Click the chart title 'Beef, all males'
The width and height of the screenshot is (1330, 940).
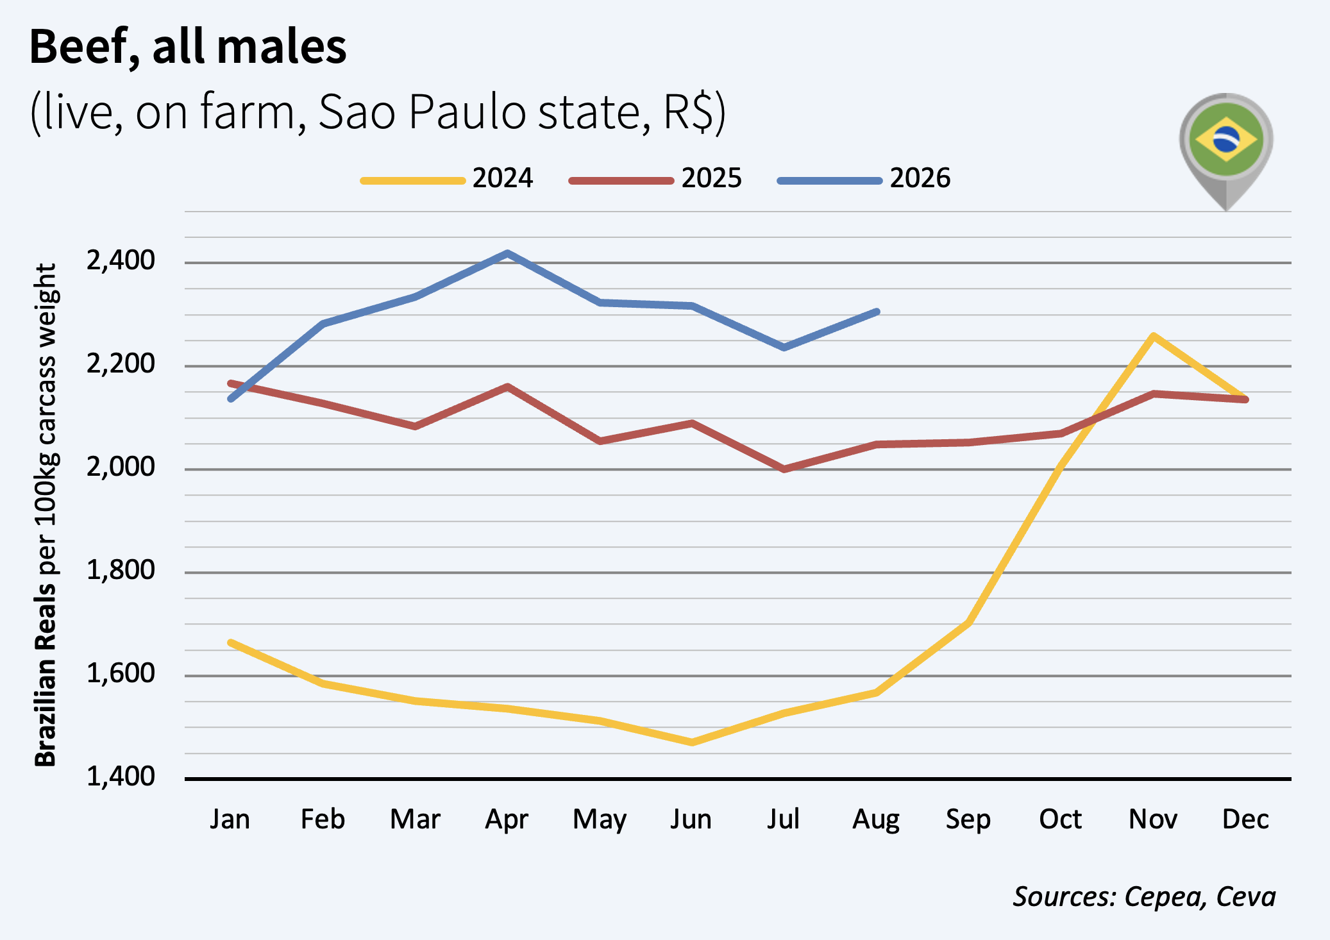click(188, 48)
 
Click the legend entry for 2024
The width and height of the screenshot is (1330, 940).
click(447, 178)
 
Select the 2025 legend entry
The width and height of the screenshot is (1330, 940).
click(655, 178)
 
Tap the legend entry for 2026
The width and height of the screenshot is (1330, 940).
click(864, 178)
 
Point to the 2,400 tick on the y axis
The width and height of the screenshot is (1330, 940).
click(121, 260)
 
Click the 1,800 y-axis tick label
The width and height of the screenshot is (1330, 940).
click(121, 570)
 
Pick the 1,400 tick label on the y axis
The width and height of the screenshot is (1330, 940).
click(121, 776)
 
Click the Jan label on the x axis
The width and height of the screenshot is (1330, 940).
click(230, 819)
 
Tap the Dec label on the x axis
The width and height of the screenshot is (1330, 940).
click(1245, 819)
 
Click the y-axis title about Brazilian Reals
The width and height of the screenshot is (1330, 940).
click(46, 515)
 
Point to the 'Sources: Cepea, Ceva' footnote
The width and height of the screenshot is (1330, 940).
click(1144, 896)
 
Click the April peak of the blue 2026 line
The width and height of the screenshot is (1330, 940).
click(507, 253)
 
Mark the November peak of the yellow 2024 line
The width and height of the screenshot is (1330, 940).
click(1153, 335)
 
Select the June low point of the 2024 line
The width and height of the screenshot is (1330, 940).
click(692, 743)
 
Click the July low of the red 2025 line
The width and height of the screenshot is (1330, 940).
click(784, 469)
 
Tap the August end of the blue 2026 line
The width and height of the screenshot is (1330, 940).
click(877, 312)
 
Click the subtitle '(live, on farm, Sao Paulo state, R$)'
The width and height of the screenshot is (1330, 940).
click(378, 112)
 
